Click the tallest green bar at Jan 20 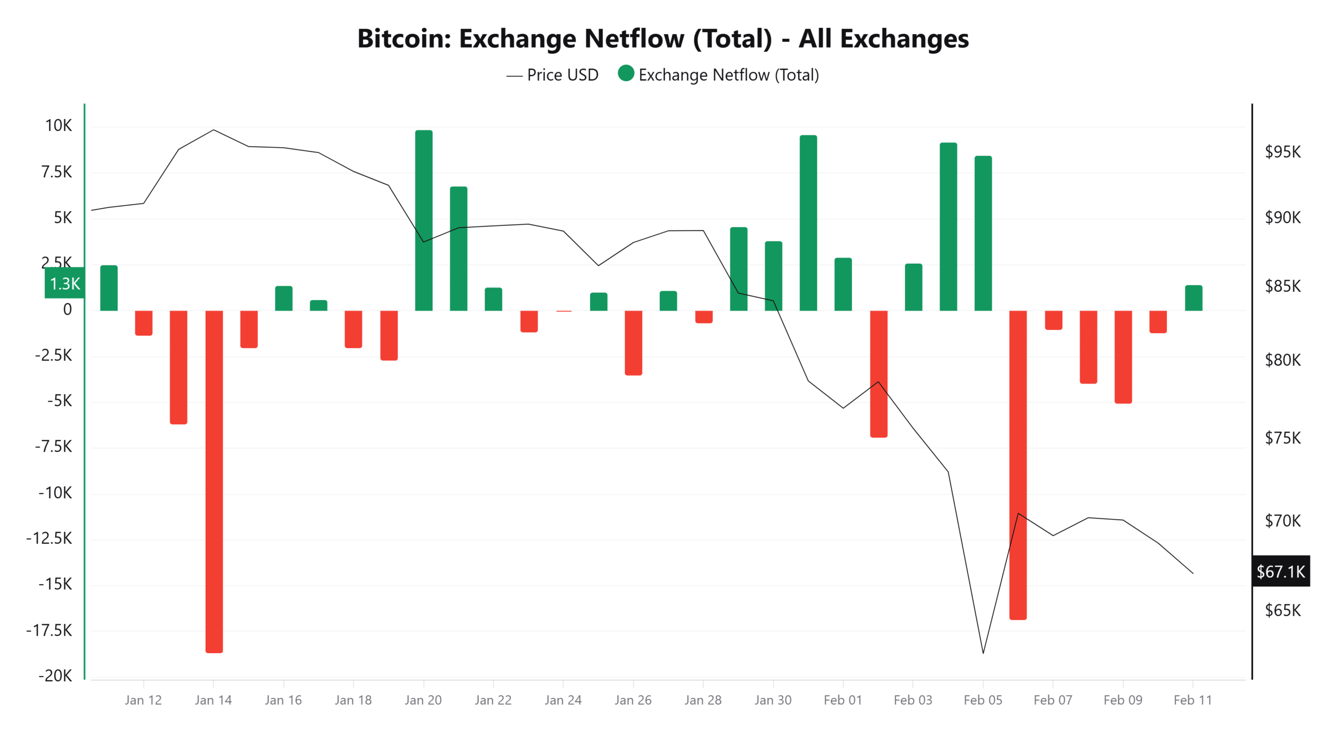(423, 220)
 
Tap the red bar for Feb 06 (1017, 465)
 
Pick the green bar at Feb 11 (1193, 298)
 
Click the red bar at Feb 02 (878, 374)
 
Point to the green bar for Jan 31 (808, 223)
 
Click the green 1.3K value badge (65, 283)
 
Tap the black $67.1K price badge (1280, 571)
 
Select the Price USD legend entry (553, 75)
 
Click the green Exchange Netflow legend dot (626, 74)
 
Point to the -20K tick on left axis (55, 676)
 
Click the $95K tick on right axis (1282, 152)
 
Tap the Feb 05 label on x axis (982, 700)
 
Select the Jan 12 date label (143, 700)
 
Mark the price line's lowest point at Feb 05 (983, 653)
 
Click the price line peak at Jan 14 (213, 130)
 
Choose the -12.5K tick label (49, 538)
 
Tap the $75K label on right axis (1282, 438)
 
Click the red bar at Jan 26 (633, 342)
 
